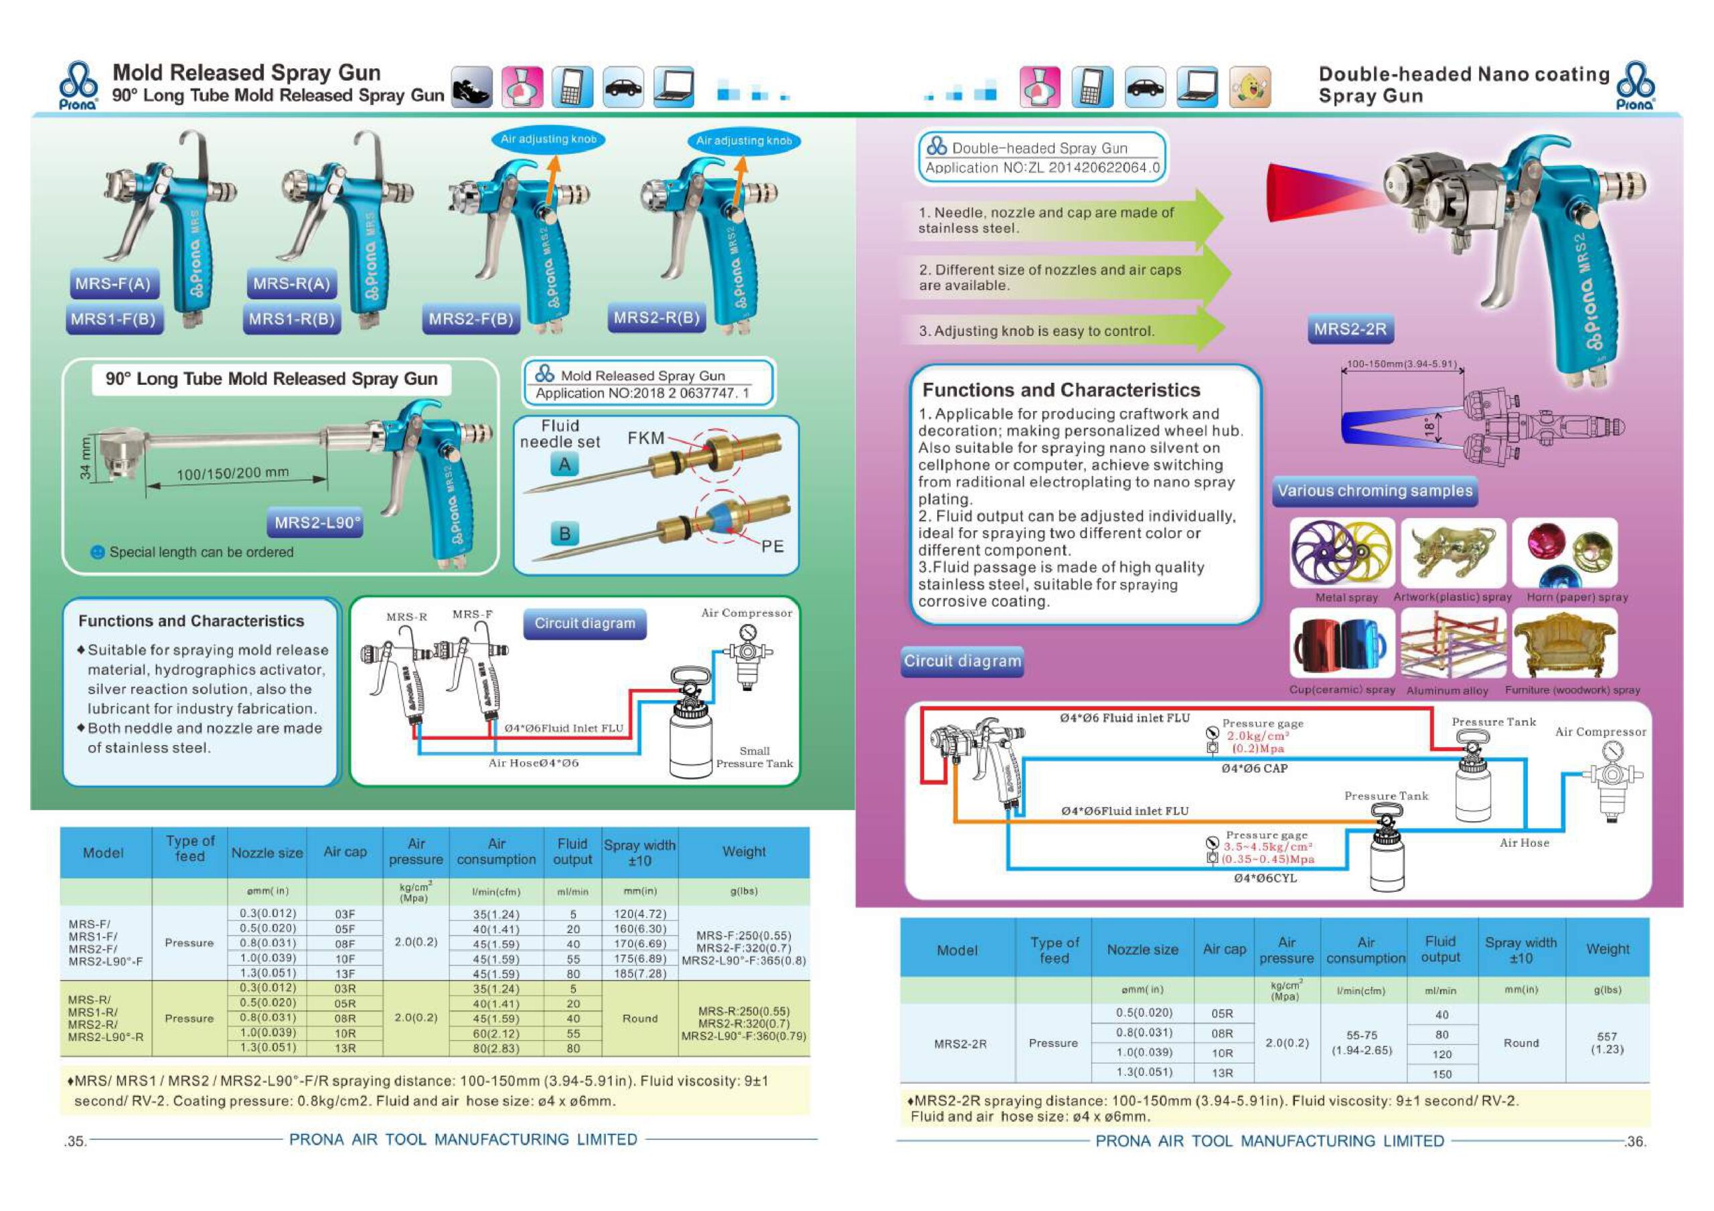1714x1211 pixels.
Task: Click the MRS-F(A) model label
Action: click(x=113, y=284)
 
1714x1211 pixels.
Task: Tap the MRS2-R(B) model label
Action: click(x=657, y=318)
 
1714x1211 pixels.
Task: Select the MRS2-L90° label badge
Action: click(x=317, y=523)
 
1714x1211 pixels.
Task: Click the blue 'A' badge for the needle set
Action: click(x=564, y=465)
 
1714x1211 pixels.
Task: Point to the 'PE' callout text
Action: click(x=772, y=546)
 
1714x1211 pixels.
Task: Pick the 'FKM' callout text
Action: click(x=645, y=438)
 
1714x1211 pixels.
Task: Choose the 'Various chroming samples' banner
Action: click(x=1375, y=491)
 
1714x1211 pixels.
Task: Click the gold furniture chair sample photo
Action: click(x=1565, y=643)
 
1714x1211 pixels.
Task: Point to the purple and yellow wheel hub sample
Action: click(x=1342, y=552)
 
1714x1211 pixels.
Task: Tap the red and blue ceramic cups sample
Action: click(x=1342, y=643)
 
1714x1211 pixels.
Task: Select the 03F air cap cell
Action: click(x=345, y=914)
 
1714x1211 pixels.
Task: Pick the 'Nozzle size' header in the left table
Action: click(x=266, y=853)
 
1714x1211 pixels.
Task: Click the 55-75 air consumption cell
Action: click(x=1362, y=1042)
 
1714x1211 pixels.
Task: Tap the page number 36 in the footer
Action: click(x=1635, y=1141)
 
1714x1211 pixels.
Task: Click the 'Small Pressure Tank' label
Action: click(x=754, y=757)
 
